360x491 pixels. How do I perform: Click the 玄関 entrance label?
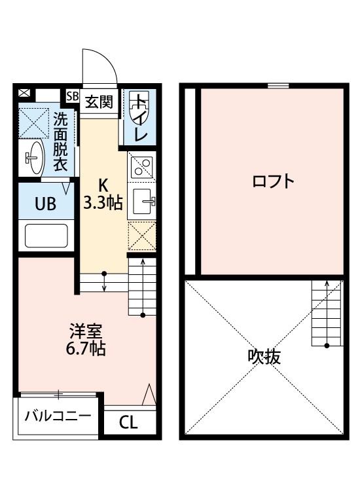point(99,101)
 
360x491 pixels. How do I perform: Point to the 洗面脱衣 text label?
point(61,141)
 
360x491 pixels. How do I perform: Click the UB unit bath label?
point(45,204)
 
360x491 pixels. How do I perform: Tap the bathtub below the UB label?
point(46,235)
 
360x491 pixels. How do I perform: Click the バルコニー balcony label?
point(58,416)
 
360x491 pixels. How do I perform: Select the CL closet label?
point(129,422)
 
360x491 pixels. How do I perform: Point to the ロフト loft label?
point(272,181)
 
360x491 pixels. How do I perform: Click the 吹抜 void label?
point(264,357)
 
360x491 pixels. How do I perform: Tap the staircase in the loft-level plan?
point(325,313)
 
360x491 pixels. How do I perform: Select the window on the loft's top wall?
point(278,85)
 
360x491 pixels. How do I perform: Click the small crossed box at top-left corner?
point(25,93)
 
